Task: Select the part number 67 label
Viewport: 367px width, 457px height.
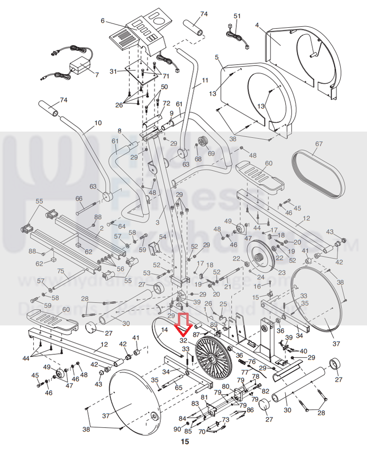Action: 319,144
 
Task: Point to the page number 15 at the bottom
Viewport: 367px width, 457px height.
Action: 185,442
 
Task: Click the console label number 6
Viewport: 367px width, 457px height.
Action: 102,21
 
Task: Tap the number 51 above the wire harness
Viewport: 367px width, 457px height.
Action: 237,16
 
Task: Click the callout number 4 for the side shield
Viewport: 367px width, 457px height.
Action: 257,24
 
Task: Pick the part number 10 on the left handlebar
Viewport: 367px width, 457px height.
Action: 98,123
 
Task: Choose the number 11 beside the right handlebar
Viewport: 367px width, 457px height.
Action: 204,80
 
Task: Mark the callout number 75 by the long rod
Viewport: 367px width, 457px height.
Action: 60,271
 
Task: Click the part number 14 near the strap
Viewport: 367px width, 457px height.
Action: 164,330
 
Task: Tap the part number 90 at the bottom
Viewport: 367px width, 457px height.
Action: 177,429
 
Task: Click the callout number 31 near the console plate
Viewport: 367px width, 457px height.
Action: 113,72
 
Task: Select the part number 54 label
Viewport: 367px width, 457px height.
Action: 163,237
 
